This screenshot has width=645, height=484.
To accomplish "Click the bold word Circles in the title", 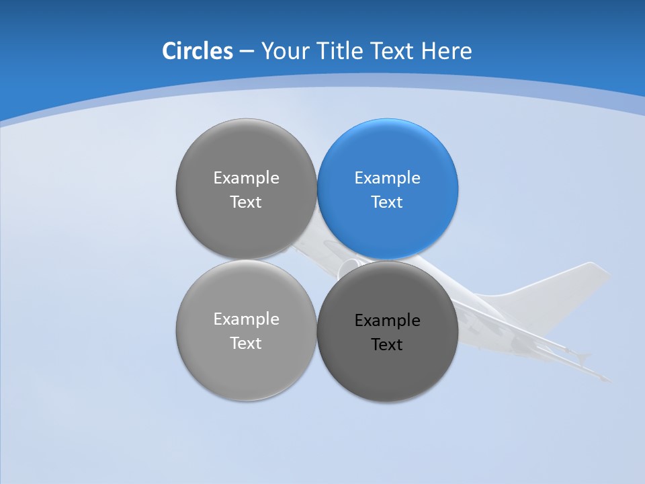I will point(197,51).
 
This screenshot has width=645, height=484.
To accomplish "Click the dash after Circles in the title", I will point(247,52).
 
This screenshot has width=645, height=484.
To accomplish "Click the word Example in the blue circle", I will point(388,178).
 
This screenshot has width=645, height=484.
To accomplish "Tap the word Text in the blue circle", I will point(388,202).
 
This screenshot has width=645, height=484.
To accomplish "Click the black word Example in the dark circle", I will point(388,321).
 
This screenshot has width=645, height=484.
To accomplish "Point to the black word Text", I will point(388,345).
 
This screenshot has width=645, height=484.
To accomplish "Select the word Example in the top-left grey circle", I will point(246,178).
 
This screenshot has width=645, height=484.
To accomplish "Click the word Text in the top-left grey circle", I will point(246,202).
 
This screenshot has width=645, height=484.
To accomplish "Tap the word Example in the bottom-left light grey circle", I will point(246,319).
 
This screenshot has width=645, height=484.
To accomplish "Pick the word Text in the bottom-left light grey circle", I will point(246,344).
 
